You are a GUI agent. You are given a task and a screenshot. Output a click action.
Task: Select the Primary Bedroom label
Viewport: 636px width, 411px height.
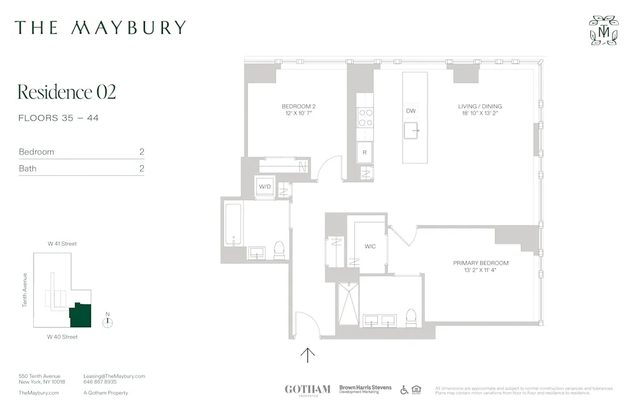[480, 266]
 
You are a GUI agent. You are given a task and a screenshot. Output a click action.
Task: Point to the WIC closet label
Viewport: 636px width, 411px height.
[371, 246]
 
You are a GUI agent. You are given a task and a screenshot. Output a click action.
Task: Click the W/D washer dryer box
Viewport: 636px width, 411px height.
[265, 187]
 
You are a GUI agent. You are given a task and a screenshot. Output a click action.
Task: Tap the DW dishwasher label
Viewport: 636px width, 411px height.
[411, 111]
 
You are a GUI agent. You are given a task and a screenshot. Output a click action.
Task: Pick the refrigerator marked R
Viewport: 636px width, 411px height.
[364, 152]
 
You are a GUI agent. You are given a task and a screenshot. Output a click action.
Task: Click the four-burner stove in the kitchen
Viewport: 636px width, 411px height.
[365, 118]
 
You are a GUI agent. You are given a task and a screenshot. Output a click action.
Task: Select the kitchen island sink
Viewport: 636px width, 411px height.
[411, 131]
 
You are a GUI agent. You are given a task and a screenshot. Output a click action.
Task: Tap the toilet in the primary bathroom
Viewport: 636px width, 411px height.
[411, 318]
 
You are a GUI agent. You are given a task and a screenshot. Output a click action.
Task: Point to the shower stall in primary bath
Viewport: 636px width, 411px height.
[348, 304]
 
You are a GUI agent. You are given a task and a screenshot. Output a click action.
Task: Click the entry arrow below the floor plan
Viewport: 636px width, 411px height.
[308, 354]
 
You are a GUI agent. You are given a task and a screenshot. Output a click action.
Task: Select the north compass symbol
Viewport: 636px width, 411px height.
[107, 321]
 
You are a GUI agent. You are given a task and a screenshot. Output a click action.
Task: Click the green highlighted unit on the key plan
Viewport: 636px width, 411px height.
[81, 315]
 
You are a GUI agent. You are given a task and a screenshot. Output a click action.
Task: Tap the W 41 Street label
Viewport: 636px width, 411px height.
[62, 243]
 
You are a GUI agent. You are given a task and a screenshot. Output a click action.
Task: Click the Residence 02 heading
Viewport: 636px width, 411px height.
[67, 92]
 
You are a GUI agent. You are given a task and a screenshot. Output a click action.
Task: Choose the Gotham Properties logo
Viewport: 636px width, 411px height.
[307, 389]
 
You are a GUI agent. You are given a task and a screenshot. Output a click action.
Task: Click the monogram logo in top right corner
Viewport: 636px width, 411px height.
[603, 30]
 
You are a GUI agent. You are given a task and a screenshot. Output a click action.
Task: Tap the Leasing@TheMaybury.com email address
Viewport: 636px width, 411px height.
[114, 376]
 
